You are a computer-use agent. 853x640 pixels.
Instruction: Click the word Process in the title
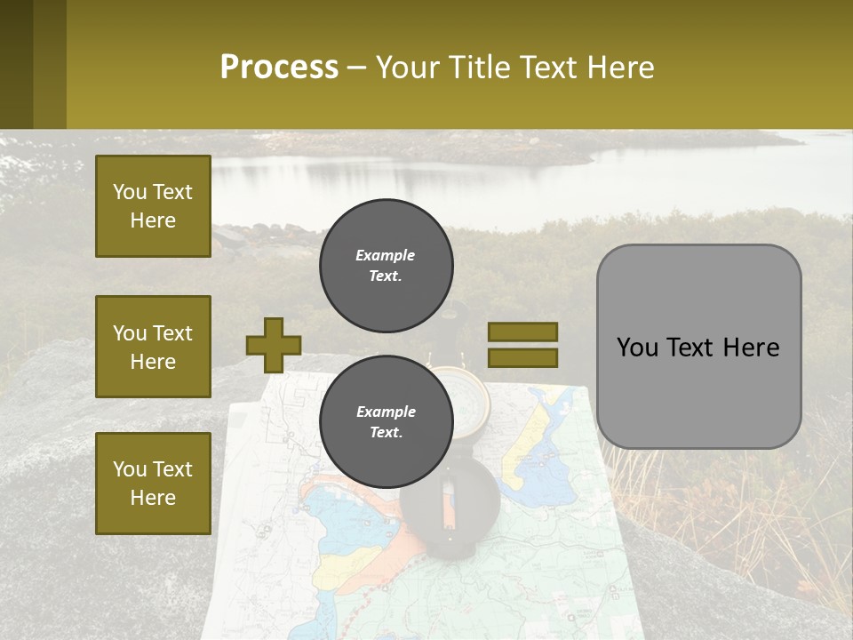pyautogui.click(x=279, y=68)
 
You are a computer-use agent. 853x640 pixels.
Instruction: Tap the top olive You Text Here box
pyautogui.click(x=153, y=206)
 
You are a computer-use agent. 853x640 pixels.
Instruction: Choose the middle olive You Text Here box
pyautogui.click(x=153, y=347)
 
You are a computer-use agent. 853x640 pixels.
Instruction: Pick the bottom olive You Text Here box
pyautogui.click(x=153, y=484)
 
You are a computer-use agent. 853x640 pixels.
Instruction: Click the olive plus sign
pyautogui.click(x=274, y=345)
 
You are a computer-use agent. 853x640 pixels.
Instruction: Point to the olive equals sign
pyautogui.click(x=522, y=345)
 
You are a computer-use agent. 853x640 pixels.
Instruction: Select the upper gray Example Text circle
pyautogui.click(x=386, y=265)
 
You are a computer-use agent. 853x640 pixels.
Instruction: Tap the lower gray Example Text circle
pyautogui.click(x=386, y=421)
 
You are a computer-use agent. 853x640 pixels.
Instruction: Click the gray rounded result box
pyautogui.click(x=698, y=346)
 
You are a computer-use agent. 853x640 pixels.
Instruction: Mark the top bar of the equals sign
pyautogui.click(x=522, y=332)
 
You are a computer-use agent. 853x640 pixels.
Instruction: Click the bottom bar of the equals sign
pyautogui.click(x=522, y=357)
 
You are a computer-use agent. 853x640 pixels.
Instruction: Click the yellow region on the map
pyautogui.click(x=533, y=444)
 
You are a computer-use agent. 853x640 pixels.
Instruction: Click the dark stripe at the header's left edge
pyautogui.click(x=16, y=64)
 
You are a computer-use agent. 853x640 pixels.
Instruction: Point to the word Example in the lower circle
pyautogui.click(x=386, y=412)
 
